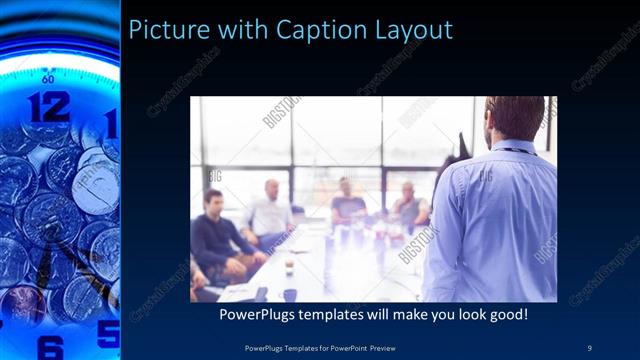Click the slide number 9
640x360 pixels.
point(589,347)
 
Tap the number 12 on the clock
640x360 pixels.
point(48,106)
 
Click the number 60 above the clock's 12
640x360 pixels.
point(48,77)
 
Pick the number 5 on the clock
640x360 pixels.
point(108,332)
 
